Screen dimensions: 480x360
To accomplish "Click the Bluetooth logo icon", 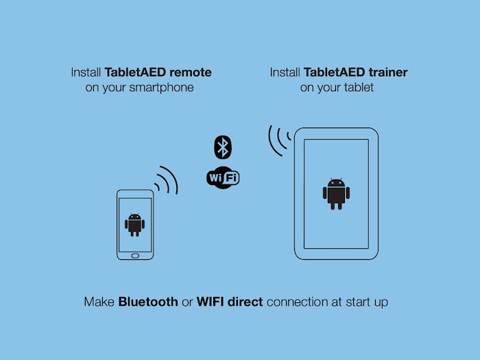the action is [223, 147].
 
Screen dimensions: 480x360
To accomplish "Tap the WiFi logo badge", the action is [223, 178].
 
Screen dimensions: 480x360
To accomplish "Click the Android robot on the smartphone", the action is [134, 225].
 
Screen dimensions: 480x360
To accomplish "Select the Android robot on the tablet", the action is [336, 193].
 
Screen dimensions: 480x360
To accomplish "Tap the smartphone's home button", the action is [135, 256].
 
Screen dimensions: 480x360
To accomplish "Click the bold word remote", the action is [191, 73].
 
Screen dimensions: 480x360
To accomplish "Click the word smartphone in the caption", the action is [161, 88].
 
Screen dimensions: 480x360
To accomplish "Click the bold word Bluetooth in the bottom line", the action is [148, 302].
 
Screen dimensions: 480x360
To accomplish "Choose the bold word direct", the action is [245, 302].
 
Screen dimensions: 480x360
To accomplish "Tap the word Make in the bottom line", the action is [99, 302].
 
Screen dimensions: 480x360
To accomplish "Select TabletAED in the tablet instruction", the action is [335, 73].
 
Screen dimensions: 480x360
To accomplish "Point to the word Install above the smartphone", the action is [86, 73].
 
